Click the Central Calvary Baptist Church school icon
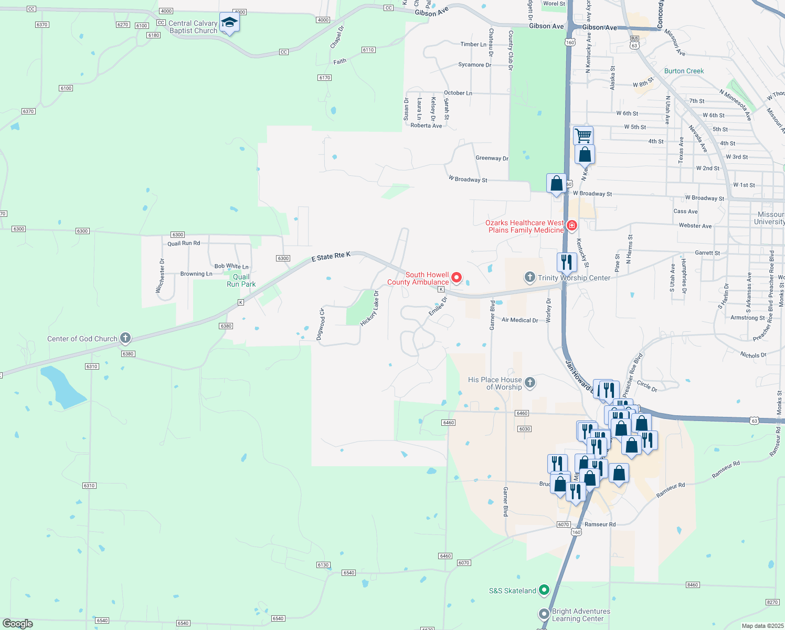tap(229, 23)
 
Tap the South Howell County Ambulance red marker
tap(457, 277)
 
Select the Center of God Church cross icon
tap(125, 338)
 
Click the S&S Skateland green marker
tap(544, 591)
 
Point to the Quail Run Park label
tap(241, 280)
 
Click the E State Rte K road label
tap(331, 257)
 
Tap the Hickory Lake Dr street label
tap(370, 308)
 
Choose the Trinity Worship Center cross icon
tap(529, 277)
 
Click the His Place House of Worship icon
tap(530, 382)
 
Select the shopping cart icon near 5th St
tap(583, 135)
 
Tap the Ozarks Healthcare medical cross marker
tap(571, 226)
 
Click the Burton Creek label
tap(684, 71)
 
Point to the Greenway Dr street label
tap(492, 158)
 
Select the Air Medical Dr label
tap(519, 320)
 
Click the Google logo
tap(18, 624)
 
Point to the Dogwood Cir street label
tap(321, 324)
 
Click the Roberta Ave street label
tap(426, 125)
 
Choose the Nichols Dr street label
tap(753, 355)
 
